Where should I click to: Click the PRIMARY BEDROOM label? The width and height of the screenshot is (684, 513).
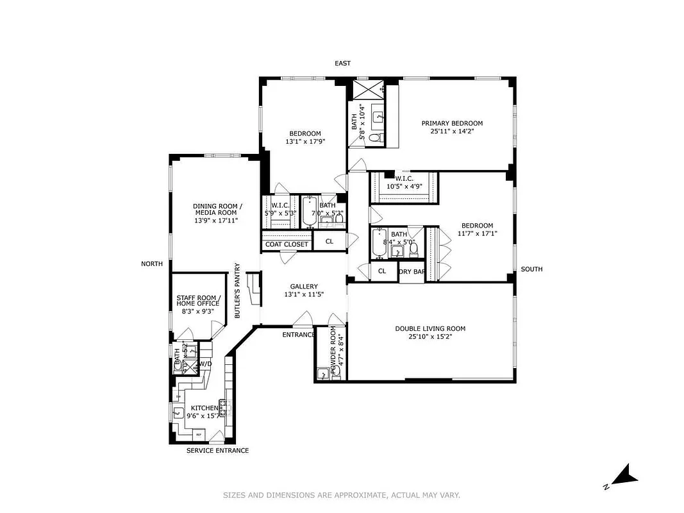pos(451,123)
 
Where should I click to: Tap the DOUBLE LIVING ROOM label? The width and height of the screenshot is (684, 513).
pos(430,328)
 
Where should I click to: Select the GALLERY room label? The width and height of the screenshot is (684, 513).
pos(303,287)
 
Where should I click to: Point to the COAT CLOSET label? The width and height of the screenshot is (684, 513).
pos(287,244)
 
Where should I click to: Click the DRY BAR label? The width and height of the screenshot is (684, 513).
pos(412,271)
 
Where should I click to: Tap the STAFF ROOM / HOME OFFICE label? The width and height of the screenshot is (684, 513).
pos(198,300)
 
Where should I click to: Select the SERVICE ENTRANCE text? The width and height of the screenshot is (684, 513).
pos(217,450)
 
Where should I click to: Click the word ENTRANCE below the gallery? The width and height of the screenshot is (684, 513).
pos(299,334)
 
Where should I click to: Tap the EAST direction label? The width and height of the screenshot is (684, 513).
pos(342,63)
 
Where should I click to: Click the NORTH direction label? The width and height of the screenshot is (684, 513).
pos(153,264)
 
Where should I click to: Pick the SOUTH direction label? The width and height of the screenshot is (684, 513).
pos(531,269)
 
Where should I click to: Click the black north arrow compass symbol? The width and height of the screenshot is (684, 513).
pos(623,475)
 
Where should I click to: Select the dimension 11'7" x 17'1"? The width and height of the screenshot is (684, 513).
pos(478,233)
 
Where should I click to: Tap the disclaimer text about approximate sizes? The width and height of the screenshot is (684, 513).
pos(342,494)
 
